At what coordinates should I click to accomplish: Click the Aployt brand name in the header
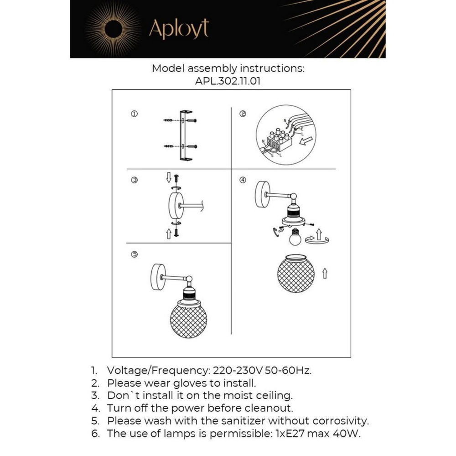(x=178, y=29)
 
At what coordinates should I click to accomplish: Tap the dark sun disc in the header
(x=113, y=29)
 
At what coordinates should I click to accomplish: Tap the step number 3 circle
(x=134, y=181)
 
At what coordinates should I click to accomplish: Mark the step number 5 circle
(x=134, y=254)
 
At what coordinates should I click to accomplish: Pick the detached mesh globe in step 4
(x=296, y=273)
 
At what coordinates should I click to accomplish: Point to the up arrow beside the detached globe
(x=325, y=274)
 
